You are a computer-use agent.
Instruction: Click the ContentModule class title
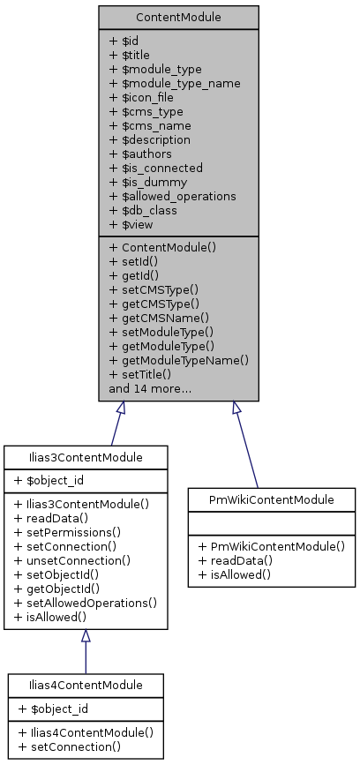(178, 18)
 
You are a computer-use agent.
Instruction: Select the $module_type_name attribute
(174, 83)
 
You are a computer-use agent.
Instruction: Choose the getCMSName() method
(159, 318)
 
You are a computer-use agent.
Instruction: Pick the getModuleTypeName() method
(179, 360)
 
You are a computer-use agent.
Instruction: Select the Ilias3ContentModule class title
(86, 457)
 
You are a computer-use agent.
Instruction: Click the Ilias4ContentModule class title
(86, 685)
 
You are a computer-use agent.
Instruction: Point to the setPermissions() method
(66, 532)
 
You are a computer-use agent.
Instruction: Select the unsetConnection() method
(72, 560)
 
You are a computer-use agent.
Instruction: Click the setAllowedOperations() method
(86, 603)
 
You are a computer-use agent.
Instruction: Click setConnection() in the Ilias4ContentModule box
(67, 746)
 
